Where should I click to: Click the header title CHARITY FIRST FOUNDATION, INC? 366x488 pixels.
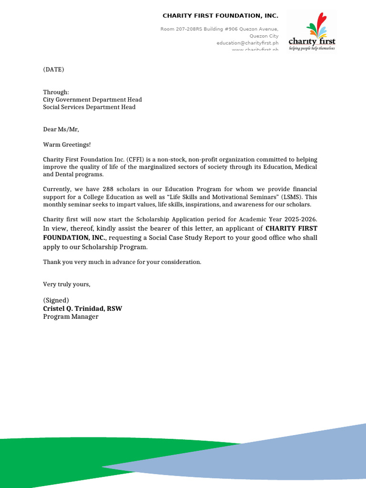[220, 16]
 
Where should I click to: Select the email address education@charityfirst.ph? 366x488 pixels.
[247, 43]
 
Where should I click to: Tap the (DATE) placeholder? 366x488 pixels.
[53, 70]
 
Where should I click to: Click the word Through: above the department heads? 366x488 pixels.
[56, 92]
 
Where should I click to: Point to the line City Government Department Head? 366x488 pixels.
[92, 100]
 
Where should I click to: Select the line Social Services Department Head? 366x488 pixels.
[89, 107]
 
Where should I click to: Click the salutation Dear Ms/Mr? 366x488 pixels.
[61, 129]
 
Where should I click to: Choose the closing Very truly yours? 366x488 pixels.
[66, 285]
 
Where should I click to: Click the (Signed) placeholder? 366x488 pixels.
[56, 300]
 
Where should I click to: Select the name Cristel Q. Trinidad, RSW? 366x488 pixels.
[82, 309]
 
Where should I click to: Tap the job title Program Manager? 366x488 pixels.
[71, 317]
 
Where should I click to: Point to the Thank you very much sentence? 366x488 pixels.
[122, 262]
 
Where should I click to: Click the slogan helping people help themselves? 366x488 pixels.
[312, 49]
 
